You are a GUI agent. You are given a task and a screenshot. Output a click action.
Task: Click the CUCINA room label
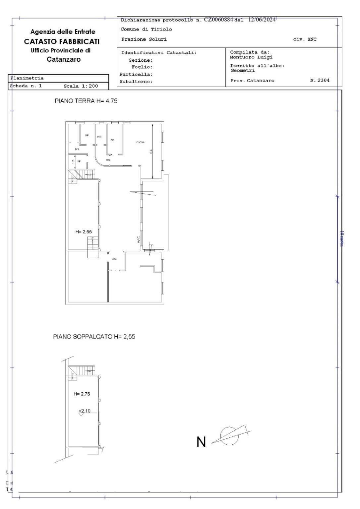140,143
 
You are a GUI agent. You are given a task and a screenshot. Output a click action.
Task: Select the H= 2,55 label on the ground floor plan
84,232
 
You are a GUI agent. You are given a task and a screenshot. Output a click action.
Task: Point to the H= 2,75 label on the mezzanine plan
82,394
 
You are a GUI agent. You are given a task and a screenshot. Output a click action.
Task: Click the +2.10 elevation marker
84,411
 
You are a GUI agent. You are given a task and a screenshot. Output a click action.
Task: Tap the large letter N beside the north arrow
201,442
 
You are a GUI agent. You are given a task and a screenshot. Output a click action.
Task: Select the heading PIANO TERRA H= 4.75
86,101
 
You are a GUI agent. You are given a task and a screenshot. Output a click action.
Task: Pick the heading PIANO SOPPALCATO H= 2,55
94,337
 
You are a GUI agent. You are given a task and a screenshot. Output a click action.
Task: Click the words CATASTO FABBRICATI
62,41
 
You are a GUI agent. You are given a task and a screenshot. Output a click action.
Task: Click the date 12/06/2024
262,20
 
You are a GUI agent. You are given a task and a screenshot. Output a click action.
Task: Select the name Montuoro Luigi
251,57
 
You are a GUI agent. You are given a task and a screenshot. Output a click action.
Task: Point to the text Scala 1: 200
81,86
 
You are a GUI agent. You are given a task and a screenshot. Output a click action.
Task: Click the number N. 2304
320,80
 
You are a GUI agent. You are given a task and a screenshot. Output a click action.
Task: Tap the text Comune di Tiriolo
146,29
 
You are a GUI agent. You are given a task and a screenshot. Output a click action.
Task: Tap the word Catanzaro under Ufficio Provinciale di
64,59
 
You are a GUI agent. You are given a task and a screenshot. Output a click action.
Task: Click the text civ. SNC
305,39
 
